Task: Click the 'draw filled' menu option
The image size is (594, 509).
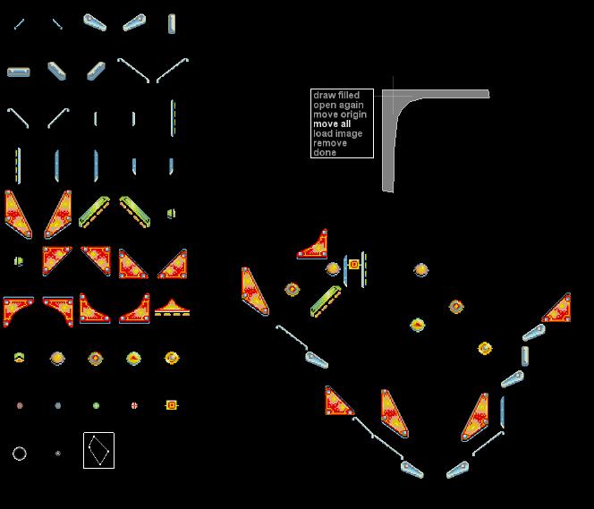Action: click(336, 95)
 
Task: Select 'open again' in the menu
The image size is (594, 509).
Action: click(338, 105)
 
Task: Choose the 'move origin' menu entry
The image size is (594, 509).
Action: click(340, 115)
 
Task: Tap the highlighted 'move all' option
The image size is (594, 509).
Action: click(332, 123)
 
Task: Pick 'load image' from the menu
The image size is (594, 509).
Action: click(337, 133)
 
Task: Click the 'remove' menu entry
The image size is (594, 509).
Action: click(330, 143)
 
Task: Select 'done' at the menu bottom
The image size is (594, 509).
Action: click(325, 153)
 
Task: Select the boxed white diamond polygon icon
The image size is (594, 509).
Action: click(98, 450)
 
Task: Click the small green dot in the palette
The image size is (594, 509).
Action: click(96, 405)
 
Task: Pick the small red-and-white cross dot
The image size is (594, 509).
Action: click(134, 405)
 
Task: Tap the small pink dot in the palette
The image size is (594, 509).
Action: click(20, 405)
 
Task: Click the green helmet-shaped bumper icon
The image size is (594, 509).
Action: click(19, 358)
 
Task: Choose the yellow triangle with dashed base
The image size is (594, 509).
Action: click(172, 308)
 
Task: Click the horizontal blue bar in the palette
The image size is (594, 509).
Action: click(19, 72)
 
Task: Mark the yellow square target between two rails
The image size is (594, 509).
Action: click(354, 264)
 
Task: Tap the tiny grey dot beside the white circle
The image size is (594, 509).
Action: click(57, 454)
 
